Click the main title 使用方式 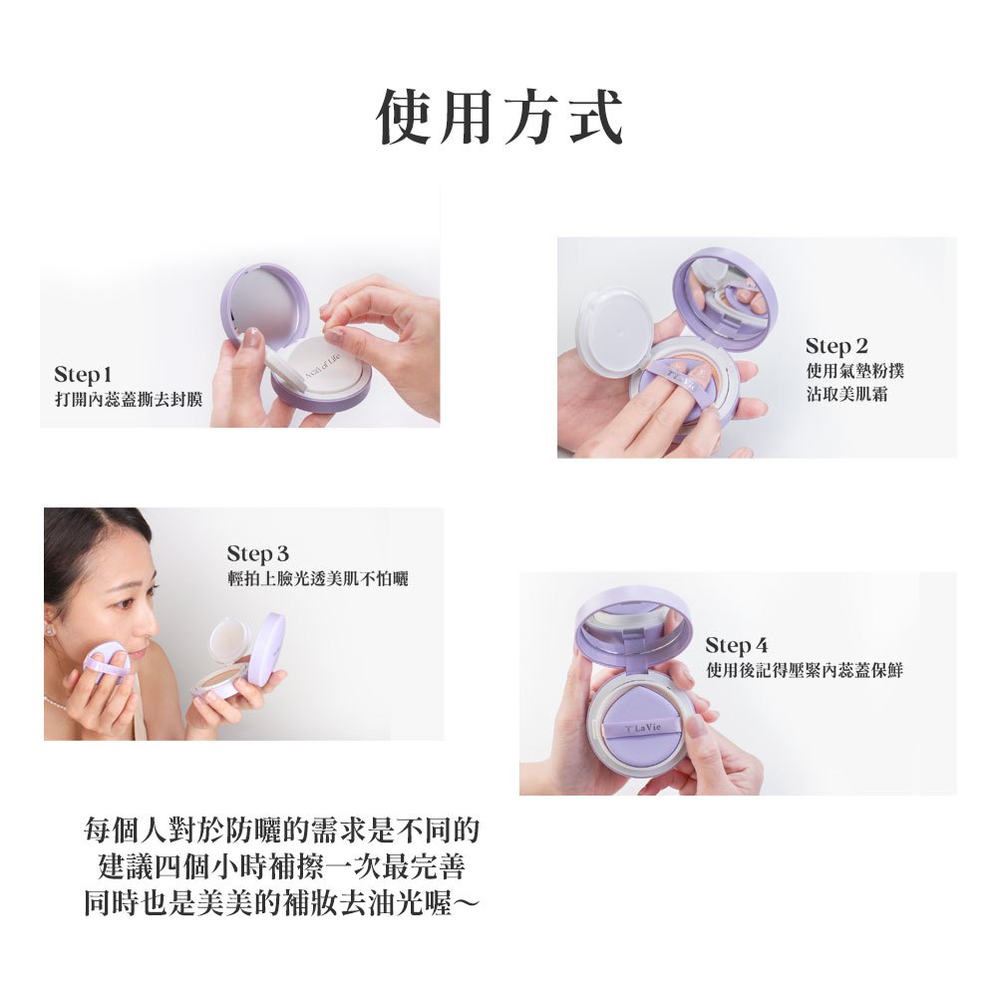499,118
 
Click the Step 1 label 83,375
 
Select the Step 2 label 836,347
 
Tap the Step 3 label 257,553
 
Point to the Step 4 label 737,645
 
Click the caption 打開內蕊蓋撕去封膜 129,400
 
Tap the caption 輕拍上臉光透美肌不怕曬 317,578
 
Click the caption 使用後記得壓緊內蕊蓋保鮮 805,670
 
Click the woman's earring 49,630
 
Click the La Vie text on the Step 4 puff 643,728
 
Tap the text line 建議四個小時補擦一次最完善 282,866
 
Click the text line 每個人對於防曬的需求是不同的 282,830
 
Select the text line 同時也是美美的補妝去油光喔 282,902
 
